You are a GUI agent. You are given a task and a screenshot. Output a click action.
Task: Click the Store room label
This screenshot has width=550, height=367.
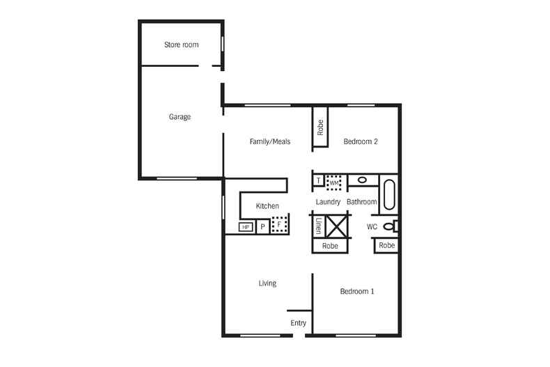(181, 45)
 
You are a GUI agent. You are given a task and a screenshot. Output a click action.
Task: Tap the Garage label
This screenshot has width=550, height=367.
(180, 117)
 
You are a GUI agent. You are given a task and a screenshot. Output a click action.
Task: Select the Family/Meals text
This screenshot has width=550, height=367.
(269, 142)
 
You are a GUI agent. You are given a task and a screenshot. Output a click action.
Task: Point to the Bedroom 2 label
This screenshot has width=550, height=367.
(361, 142)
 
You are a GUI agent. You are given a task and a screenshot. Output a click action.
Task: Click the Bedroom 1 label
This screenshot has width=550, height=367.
(357, 292)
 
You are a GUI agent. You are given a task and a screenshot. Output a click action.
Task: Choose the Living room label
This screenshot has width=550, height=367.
(267, 283)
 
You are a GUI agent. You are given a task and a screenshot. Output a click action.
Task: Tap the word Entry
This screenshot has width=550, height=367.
(298, 323)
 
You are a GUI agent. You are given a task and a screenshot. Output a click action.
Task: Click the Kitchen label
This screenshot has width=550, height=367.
(267, 206)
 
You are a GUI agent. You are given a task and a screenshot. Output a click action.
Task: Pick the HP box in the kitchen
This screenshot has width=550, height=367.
(246, 227)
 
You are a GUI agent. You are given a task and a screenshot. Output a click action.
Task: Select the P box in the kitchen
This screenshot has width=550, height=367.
(262, 226)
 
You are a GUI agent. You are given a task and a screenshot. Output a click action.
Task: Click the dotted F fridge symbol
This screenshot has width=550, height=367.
(280, 225)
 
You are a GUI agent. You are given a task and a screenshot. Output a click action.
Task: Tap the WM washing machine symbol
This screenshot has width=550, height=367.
(334, 182)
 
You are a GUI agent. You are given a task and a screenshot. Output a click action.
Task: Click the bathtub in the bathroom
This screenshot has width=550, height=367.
(388, 194)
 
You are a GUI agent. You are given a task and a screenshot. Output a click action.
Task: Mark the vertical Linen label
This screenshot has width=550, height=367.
(318, 226)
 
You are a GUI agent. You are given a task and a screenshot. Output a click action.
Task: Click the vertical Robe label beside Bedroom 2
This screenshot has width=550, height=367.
(320, 127)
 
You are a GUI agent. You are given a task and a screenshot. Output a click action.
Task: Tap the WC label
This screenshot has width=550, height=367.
(372, 227)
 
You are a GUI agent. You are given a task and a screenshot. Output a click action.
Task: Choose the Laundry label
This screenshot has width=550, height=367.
(327, 203)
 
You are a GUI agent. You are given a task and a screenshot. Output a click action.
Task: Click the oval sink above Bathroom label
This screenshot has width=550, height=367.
(362, 180)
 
